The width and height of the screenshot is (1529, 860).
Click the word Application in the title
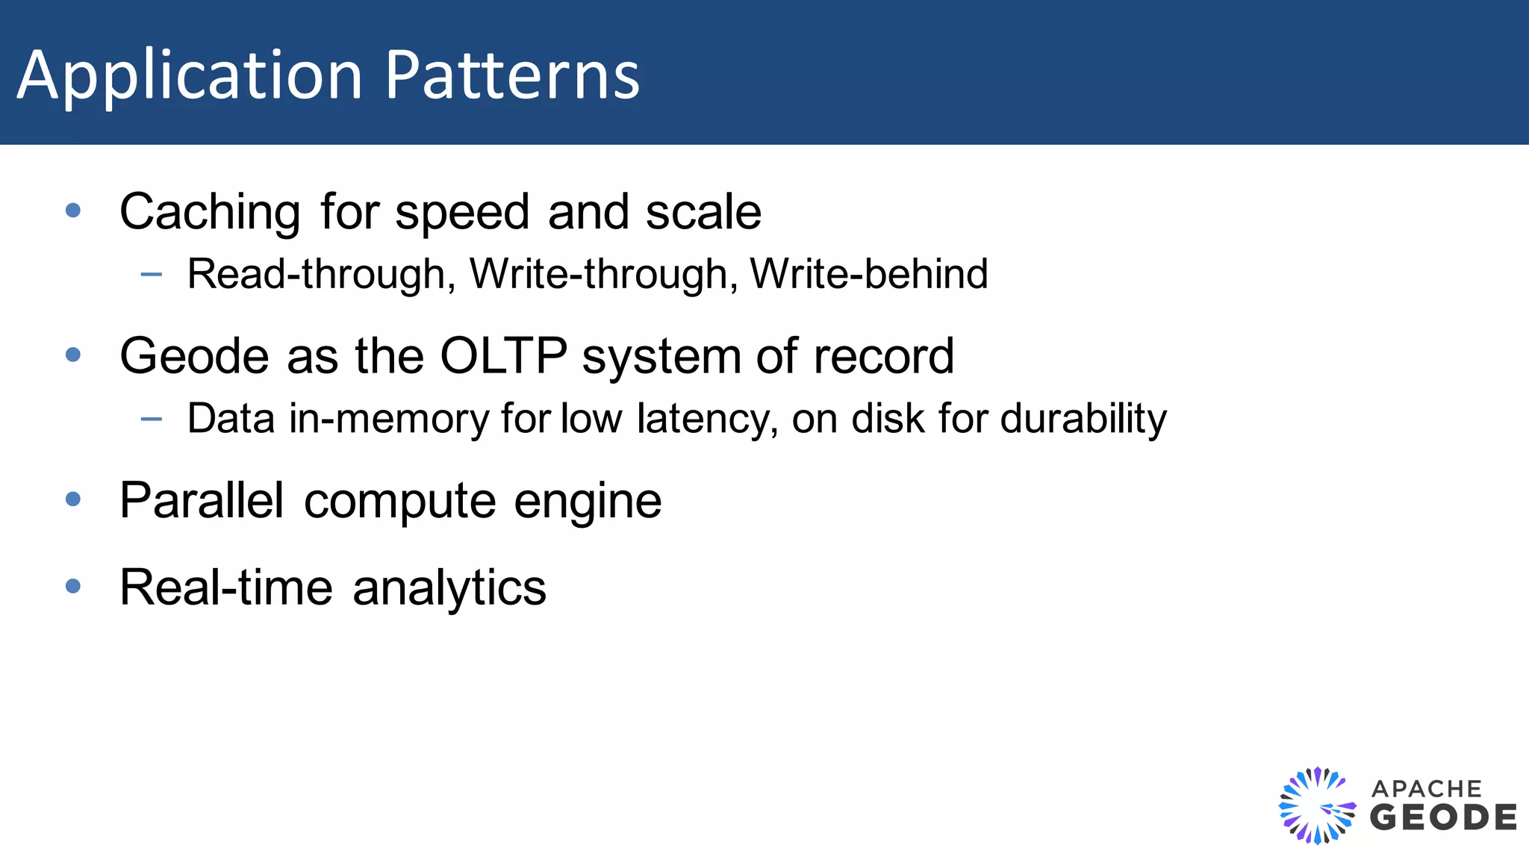190,76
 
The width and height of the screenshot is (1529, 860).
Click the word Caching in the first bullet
210,213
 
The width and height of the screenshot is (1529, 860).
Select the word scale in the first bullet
703,212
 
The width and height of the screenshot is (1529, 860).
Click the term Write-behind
869,274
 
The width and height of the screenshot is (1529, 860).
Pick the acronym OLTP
503,356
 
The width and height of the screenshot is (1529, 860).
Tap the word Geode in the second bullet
194,356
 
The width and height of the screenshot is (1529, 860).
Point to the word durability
1083,419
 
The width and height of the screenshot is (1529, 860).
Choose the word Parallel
202,500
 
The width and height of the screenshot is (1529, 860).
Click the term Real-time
226,588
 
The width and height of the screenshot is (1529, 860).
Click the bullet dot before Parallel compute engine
73,499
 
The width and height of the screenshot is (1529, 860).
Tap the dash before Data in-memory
152,419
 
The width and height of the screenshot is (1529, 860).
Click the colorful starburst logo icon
1317,806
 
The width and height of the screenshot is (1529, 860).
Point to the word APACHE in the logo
1426,789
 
